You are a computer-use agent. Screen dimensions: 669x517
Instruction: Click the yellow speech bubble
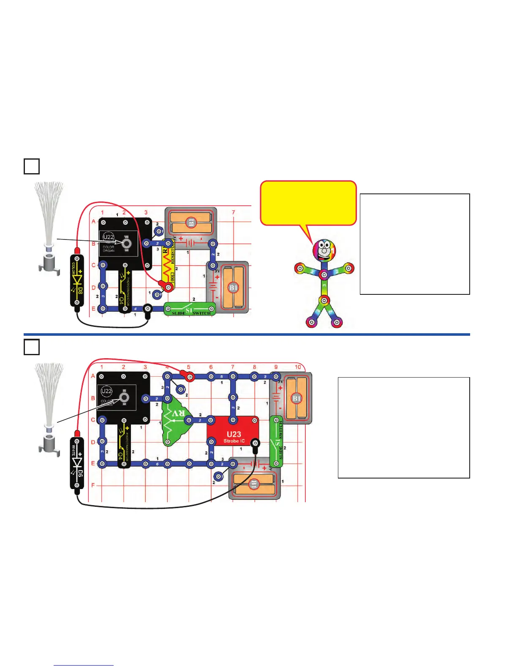[308, 203]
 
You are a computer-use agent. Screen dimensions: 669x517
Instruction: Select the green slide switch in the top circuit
[190, 309]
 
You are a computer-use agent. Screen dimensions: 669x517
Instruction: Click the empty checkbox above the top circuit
[32, 166]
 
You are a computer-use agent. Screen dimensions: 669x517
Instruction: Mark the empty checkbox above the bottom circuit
[32, 347]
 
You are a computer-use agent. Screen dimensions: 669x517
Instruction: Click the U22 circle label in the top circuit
[109, 237]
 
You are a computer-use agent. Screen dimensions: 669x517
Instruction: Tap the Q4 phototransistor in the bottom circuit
[123, 443]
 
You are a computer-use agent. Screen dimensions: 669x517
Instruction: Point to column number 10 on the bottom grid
[298, 367]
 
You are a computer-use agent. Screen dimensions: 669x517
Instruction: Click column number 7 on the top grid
[233, 212]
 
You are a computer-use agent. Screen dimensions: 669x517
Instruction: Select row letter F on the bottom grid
[93, 485]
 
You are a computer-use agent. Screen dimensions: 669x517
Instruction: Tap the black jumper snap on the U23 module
[255, 443]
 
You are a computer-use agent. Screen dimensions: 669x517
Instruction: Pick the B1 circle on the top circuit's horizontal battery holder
[191, 222]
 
